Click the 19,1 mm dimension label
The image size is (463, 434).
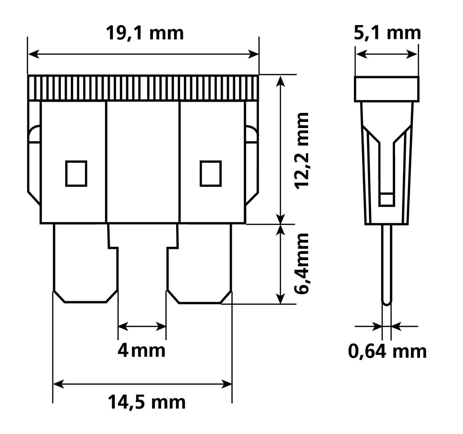(x=144, y=33)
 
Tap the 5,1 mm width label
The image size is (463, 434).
(x=387, y=33)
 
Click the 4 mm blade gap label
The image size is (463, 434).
(x=141, y=350)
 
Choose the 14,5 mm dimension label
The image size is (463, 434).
(x=146, y=402)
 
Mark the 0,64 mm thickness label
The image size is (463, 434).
(x=387, y=351)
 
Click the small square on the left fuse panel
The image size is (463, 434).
(x=76, y=173)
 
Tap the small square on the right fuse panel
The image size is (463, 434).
(x=211, y=173)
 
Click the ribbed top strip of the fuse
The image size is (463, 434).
(x=143, y=88)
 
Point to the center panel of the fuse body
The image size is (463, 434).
(x=142, y=162)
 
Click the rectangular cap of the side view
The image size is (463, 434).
(x=387, y=89)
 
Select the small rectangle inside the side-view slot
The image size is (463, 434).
(x=387, y=199)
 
